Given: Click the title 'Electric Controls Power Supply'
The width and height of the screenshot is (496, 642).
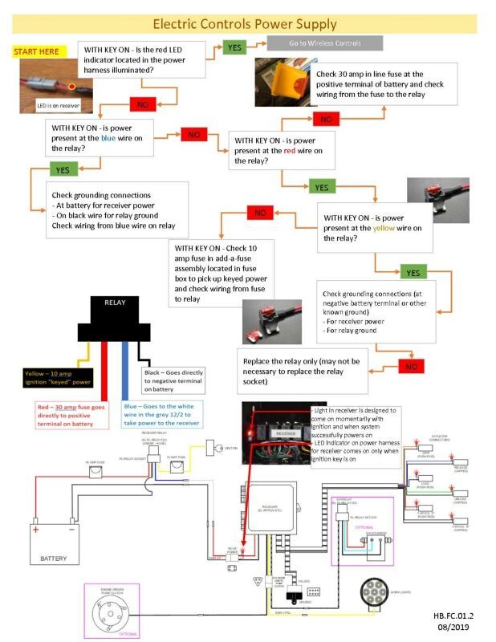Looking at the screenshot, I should pos(245,24).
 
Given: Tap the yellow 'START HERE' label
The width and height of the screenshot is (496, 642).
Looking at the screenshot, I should pos(36,51).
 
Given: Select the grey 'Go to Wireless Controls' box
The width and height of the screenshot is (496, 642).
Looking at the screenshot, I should pos(324,43).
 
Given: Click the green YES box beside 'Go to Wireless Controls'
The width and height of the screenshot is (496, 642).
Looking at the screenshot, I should pos(234,47).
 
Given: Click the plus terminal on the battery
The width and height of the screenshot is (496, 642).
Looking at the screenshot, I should pos(36,529).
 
